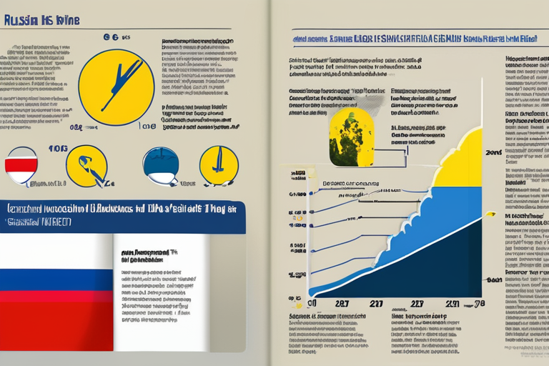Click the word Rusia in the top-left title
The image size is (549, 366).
(x=16, y=21)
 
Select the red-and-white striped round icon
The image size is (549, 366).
(x=21, y=166)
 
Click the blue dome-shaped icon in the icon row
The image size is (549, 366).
(x=161, y=166)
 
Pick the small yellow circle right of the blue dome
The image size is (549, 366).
(x=218, y=166)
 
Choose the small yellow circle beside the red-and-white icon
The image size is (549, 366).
(x=86, y=166)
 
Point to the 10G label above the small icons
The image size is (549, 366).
(x=58, y=149)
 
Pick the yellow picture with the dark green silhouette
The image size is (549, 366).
(x=351, y=137)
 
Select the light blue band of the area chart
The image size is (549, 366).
(x=400, y=236)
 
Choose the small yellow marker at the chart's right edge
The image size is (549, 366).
(x=490, y=213)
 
